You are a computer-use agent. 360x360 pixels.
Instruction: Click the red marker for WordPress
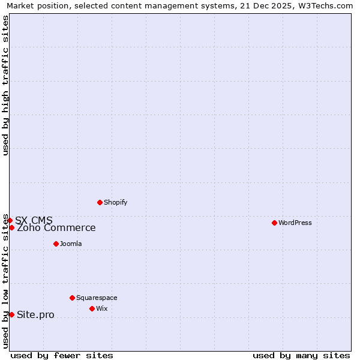(x=274, y=223)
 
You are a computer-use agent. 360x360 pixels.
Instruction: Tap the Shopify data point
(x=100, y=202)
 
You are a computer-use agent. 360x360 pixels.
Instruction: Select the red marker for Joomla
(x=56, y=244)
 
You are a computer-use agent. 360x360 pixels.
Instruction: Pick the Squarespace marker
(x=72, y=298)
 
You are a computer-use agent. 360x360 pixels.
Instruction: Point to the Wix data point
(x=92, y=308)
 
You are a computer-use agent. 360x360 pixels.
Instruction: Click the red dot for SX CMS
(x=10, y=220)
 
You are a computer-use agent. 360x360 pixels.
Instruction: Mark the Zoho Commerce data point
(x=11, y=227)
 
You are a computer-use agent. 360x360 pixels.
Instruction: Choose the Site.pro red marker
(x=11, y=314)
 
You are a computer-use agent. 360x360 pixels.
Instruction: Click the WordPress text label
(x=295, y=223)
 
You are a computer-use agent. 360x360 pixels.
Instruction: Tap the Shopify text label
(x=115, y=202)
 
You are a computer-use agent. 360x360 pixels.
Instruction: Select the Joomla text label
(x=71, y=244)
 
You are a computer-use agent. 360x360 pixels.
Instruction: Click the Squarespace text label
(x=97, y=298)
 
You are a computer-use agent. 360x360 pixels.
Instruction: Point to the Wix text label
(x=102, y=308)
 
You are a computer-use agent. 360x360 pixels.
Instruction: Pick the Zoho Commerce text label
(x=56, y=228)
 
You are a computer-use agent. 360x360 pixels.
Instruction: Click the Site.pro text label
(x=35, y=315)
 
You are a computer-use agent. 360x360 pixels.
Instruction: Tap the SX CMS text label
(x=34, y=220)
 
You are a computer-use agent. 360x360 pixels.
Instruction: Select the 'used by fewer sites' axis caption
(x=62, y=355)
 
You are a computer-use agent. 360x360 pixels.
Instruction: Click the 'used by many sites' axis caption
(x=301, y=355)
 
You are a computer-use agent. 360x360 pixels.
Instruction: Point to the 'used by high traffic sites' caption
(x=5, y=85)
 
